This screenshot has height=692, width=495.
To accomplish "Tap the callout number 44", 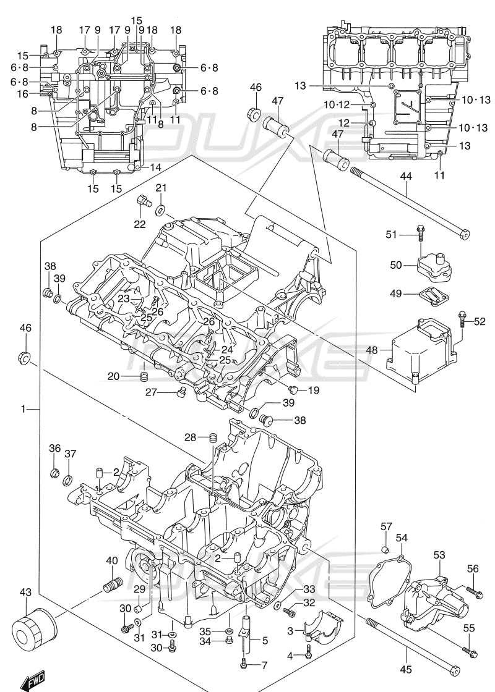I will click(x=405, y=177).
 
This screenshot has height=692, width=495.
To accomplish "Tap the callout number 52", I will click(x=480, y=321).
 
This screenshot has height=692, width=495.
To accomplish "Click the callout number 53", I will click(x=439, y=555).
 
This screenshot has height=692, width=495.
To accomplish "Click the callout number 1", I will click(x=23, y=408).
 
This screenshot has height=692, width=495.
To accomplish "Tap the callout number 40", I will click(x=111, y=560).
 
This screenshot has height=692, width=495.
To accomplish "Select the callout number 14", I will click(x=155, y=167).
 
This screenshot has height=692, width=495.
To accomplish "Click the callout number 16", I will click(x=23, y=94).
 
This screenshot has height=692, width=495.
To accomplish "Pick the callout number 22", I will click(x=140, y=224).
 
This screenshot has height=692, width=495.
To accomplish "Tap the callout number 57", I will click(x=386, y=526).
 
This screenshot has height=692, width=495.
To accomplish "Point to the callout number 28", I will click(x=190, y=438).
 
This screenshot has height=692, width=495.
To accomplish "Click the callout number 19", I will click(x=314, y=390).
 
